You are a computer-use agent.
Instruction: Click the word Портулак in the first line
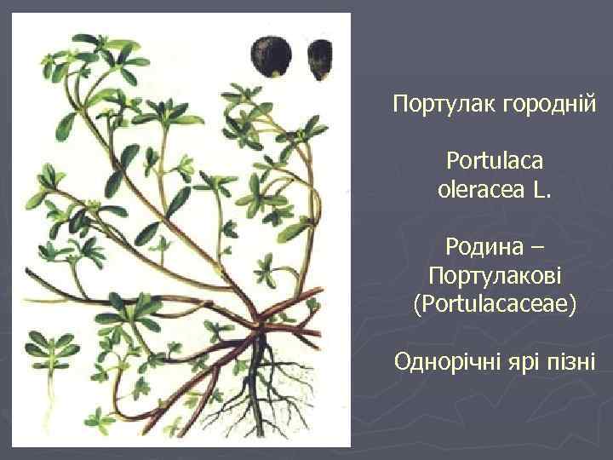click(x=432, y=106)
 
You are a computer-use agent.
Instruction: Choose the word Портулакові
click(x=495, y=276)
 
